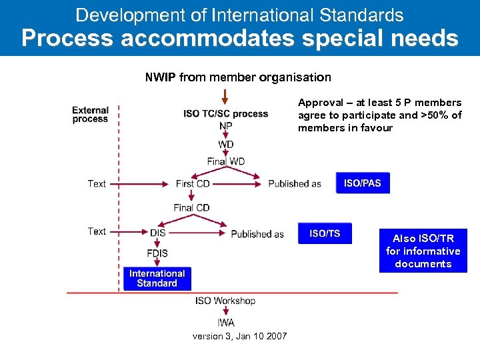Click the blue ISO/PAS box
click(363, 183)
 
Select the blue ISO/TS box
click(325, 233)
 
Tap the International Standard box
click(157, 279)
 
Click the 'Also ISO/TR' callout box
click(423, 251)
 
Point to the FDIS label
click(157, 253)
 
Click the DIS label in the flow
click(157, 233)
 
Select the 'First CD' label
click(193, 183)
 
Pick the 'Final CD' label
click(191, 207)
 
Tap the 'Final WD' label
click(225, 161)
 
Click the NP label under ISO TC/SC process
click(225, 126)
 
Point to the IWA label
click(225, 323)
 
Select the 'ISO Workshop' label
click(225, 301)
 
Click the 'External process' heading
click(90, 115)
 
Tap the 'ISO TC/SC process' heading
click(225, 113)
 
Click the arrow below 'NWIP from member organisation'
click(225, 97)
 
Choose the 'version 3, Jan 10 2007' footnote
click(239, 336)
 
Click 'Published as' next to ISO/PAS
click(295, 184)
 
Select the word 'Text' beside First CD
click(97, 184)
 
